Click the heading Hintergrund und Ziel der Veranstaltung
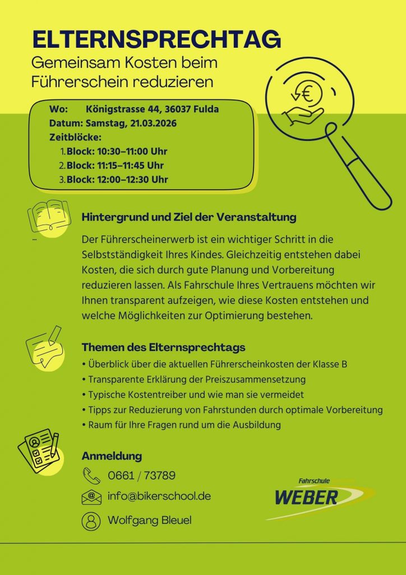click(188, 217)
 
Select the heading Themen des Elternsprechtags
click(163, 347)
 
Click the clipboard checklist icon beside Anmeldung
click(38, 450)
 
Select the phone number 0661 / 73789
click(141, 476)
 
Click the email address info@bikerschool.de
click(159, 497)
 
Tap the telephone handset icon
click(90, 476)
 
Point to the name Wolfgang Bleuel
click(149, 521)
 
